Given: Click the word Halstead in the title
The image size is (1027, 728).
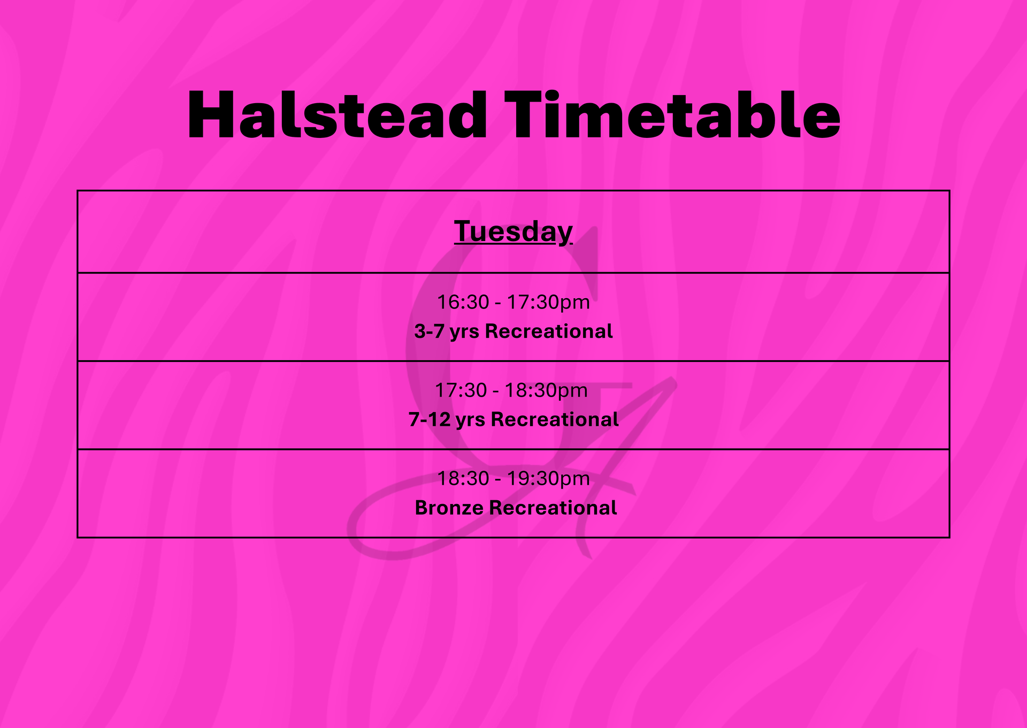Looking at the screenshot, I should (337, 115).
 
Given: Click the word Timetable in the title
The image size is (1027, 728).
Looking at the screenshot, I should (672, 115).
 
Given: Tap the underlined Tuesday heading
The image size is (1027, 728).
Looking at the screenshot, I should (513, 232).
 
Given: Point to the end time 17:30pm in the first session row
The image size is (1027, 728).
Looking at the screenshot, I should (548, 303).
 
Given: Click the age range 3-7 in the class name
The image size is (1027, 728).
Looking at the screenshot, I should (429, 331).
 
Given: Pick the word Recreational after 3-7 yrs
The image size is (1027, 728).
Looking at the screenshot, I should (549, 331).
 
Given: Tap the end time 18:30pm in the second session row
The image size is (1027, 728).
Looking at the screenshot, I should (546, 391).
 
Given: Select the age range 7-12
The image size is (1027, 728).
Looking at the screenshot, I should (430, 420).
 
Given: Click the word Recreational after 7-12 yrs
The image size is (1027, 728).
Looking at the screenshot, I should (555, 420).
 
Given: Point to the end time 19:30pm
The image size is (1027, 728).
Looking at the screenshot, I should (548, 478).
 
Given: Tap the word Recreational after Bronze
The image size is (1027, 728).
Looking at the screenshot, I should (553, 508).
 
